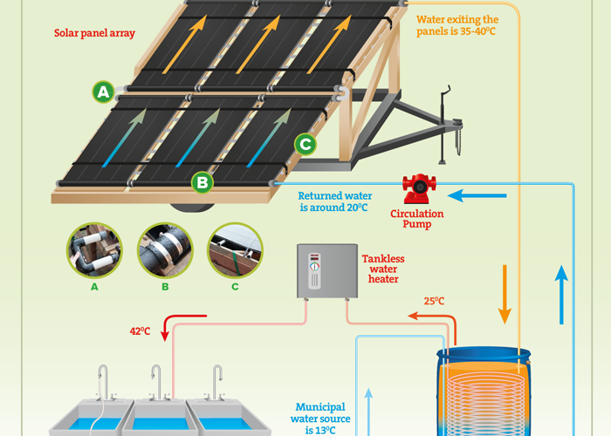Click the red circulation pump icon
click(419, 189)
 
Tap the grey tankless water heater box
click(327, 271)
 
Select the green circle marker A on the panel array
click(103, 92)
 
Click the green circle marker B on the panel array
click(203, 182)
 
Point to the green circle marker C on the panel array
click(305, 145)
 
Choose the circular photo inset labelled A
click(94, 250)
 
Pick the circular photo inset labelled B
click(165, 250)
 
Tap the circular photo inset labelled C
click(235, 250)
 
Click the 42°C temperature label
click(140, 330)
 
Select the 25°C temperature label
click(434, 301)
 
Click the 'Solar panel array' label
click(94, 33)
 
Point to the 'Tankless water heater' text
click(383, 269)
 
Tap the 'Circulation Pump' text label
click(417, 219)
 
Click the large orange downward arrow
click(505, 295)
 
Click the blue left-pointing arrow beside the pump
click(477, 195)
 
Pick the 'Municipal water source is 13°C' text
click(320, 419)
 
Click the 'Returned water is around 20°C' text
click(334, 201)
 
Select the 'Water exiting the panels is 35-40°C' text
click(457, 25)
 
